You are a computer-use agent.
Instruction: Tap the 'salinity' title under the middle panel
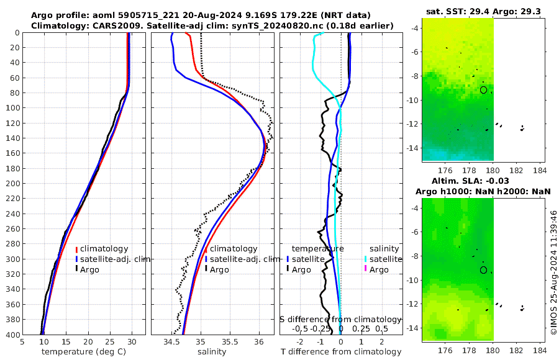click(211, 352)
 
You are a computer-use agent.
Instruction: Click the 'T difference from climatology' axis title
click(340, 352)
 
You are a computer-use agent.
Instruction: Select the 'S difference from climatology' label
click(340, 319)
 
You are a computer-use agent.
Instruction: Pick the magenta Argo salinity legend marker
click(366, 269)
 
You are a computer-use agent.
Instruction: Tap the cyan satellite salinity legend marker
click(366, 259)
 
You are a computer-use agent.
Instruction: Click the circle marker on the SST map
click(483, 90)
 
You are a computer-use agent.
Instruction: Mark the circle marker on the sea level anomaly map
click(483, 270)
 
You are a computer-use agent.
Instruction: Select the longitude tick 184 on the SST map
click(539, 170)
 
